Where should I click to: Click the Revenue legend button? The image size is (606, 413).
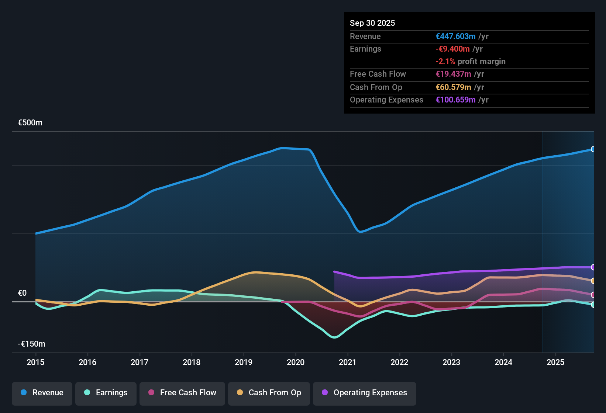click(42, 393)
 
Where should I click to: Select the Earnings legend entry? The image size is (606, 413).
click(106, 393)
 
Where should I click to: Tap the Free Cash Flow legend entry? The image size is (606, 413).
click(182, 393)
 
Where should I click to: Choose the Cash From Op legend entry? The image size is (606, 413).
click(269, 393)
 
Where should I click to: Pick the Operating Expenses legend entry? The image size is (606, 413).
click(365, 393)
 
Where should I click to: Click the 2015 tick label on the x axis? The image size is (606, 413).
click(35, 362)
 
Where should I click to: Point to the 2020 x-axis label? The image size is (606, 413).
click(296, 362)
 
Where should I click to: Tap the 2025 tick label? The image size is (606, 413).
click(555, 362)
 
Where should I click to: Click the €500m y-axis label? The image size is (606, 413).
click(30, 123)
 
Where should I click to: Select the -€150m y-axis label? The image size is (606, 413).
click(32, 344)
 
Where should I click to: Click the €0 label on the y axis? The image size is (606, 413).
click(23, 293)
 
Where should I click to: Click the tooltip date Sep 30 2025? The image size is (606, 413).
click(372, 23)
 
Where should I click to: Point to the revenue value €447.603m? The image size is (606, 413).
click(455, 36)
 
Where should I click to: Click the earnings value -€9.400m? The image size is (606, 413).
click(452, 49)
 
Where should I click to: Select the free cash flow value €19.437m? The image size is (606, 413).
click(453, 74)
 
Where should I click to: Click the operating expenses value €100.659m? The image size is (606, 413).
click(455, 100)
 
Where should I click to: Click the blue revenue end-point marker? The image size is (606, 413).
click(593, 149)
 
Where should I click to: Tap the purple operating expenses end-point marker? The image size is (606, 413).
click(593, 267)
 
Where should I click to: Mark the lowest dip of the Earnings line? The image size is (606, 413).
click(334, 337)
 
